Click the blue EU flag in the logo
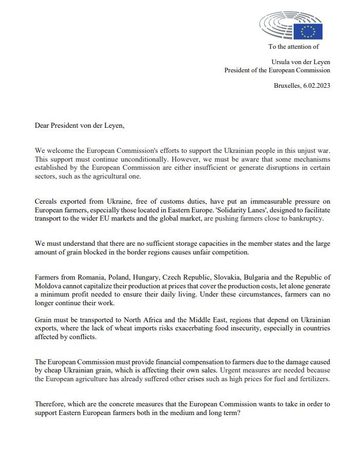pos(308,31)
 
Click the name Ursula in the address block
pos(282,61)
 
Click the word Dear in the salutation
pos(43,125)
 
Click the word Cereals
pos(47,202)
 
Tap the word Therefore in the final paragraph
pos(50,404)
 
